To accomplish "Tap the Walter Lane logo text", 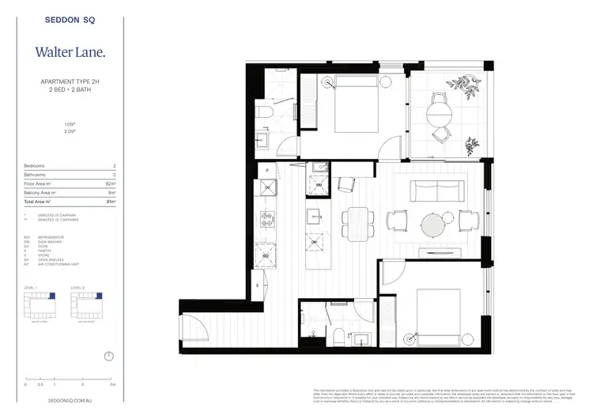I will point(69,53).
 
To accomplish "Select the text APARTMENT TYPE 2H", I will point(69,81).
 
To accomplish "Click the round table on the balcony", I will point(440,116).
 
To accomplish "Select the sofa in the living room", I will point(436,191).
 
